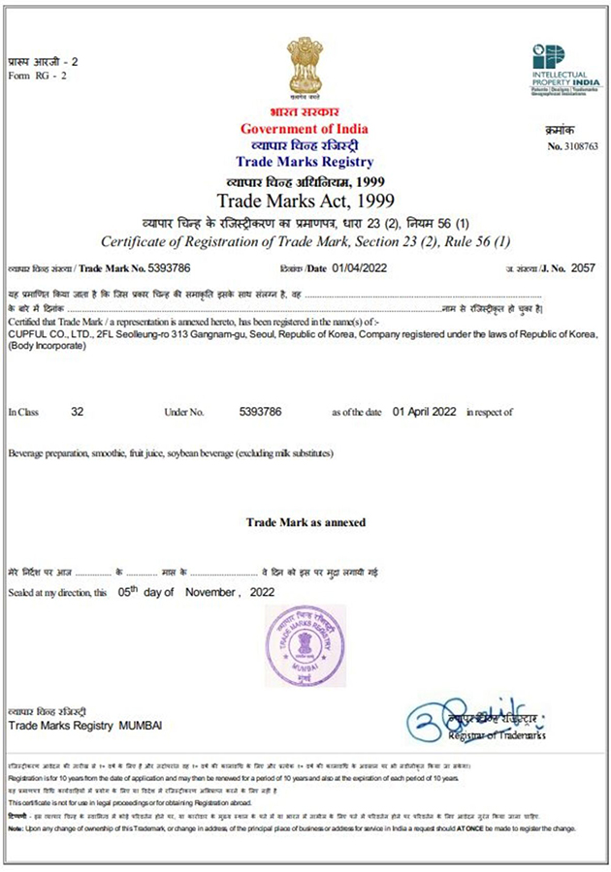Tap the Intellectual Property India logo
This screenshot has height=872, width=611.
coord(565,69)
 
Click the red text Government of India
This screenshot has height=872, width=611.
coord(305,130)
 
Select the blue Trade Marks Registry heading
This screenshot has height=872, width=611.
coord(305,162)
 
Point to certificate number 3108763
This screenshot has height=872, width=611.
coord(579,146)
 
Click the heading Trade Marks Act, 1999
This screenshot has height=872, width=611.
coord(305,202)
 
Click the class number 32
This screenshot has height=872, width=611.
coord(78,412)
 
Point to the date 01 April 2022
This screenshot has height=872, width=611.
coord(424,412)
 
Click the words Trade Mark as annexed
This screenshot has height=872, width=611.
coord(305,522)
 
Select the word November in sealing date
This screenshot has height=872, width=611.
coord(210,592)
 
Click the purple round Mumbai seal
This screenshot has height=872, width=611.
coord(305,641)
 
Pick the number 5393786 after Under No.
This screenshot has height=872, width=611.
coord(260,412)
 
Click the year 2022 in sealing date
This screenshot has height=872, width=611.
coord(262,592)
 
